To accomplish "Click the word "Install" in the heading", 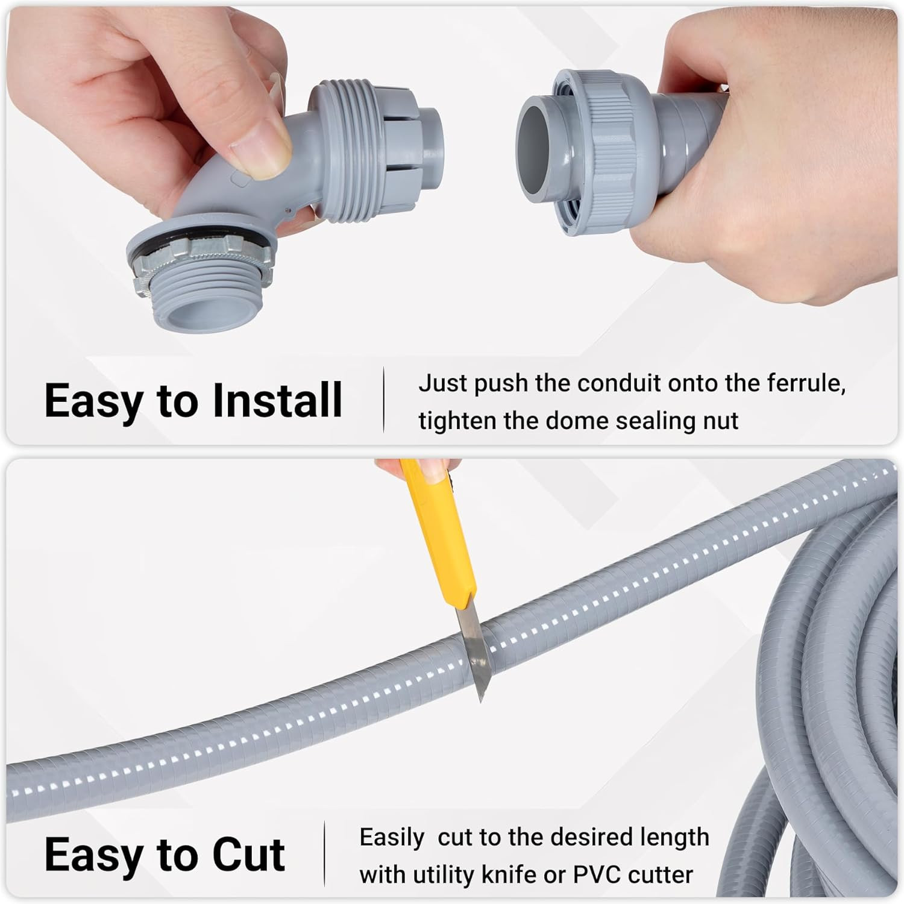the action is coord(277,400).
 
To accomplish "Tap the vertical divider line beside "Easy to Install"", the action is coord(384,400).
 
